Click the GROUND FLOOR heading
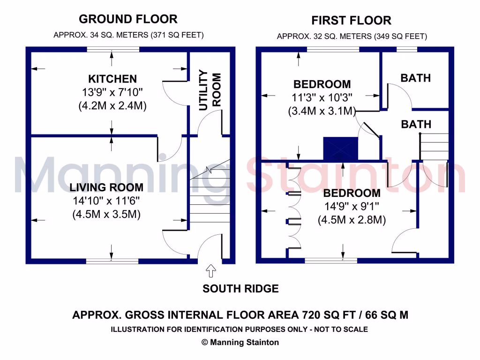(x=128, y=19)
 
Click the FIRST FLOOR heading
(x=351, y=21)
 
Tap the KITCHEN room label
(x=112, y=79)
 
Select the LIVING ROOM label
(x=106, y=187)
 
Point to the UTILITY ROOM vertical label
(x=209, y=90)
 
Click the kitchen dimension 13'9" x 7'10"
(x=112, y=92)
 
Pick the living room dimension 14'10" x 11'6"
(x=106, y=201)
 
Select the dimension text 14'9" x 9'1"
(x=352, y=206)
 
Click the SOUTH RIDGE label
(x=240, y=289)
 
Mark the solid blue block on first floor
(x=341, y=150)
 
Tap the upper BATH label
(x=415, y=78)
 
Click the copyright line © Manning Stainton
(x=240, y=342)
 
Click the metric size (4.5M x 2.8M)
(x=352, y=219)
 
